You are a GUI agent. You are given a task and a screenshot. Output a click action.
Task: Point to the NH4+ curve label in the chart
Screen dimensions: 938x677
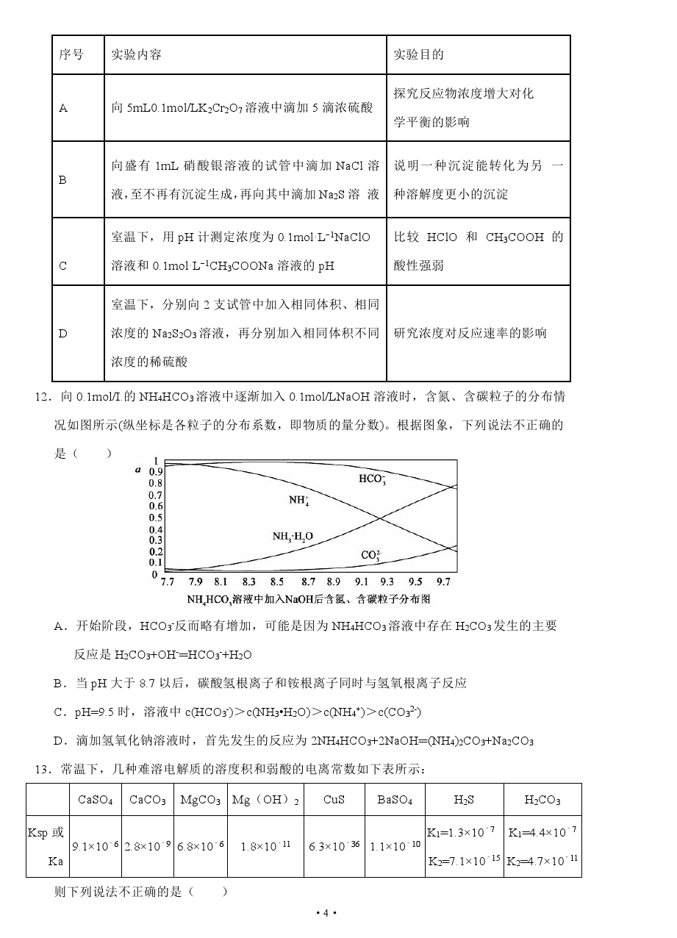(x=299, y=501)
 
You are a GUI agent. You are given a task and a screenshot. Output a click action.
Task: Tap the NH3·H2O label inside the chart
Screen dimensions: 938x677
(x=293, y=537)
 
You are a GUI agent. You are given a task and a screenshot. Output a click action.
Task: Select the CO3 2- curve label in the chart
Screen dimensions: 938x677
(x=371, y=555)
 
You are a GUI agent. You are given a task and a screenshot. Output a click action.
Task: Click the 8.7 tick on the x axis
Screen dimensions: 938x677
(x=309, y=581)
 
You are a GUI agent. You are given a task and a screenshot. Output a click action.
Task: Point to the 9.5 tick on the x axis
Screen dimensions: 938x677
(x=415, y=581)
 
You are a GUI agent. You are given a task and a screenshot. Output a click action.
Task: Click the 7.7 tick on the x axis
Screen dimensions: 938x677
(x=168, y=581)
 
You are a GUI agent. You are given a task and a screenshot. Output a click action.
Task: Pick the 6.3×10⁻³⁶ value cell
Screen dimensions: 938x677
(x=334, y=845)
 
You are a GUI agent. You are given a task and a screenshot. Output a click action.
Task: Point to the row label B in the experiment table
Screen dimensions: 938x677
(x=62, y=179)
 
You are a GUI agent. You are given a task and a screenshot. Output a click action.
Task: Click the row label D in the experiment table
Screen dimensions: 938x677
(x=62, y=333)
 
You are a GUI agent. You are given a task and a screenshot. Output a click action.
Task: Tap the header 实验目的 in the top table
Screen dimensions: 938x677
(x=419, y=55)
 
